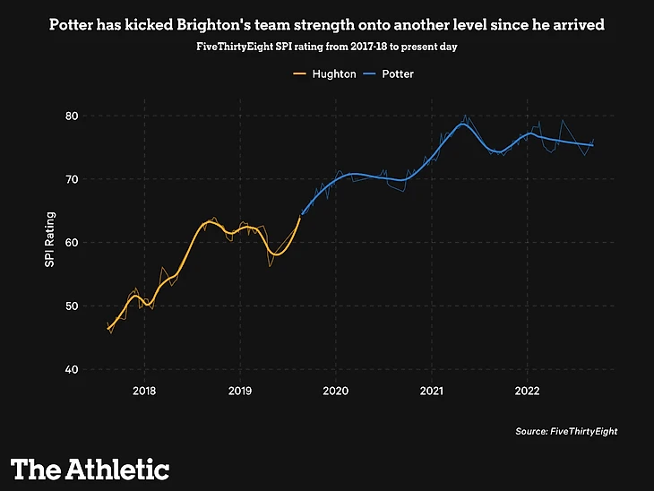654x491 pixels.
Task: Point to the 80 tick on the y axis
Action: click(x=96, y=116)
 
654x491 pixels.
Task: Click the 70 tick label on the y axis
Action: click(x=96, y=179)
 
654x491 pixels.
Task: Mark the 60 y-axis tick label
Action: click(x=96, y=243)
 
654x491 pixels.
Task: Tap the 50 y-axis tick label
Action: click(x=96, y=306)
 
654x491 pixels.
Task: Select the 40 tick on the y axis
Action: click(x=96, y=369)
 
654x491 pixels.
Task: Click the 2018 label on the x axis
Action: click(x=144, y=391)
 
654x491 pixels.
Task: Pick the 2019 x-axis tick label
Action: click(x=240, y=391)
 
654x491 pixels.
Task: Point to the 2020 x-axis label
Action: click(x=336, y=391)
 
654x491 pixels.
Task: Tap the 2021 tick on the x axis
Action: click(x=432, y=391)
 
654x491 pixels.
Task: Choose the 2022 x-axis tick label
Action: click(x=528, y=391)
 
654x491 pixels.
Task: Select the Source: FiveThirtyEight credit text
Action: click(x=566, y=432)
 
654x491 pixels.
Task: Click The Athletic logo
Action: click(x=90, y=469)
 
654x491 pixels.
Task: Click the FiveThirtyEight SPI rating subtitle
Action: click(x=327, y=46)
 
